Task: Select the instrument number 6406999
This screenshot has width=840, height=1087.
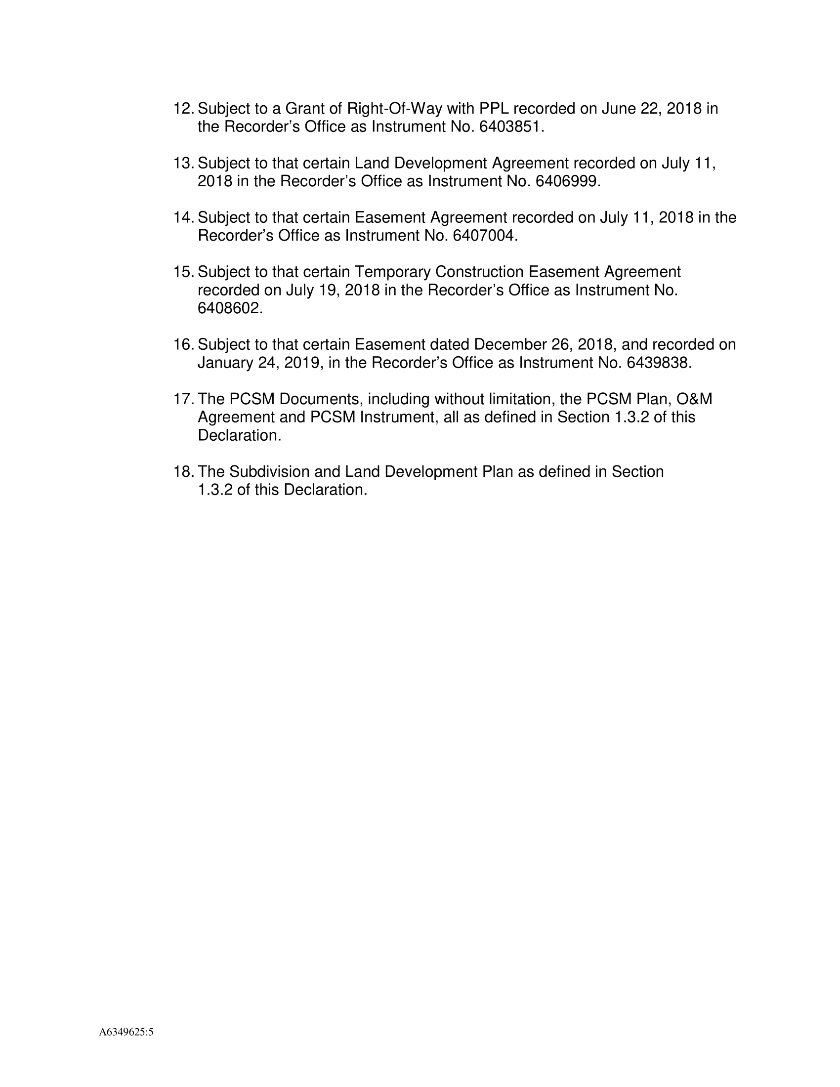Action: [x=565, y=181]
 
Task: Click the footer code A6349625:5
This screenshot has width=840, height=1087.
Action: [x=126, y=1032]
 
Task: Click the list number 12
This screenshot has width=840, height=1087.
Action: [x=183, y=109]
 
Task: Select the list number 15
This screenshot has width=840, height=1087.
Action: [x=183, y=272]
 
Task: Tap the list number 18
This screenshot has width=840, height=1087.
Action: [x=183, y=471]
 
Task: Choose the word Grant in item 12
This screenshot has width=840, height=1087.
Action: [x=303, y=109]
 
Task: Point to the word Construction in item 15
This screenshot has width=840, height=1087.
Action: [x=479, y=272]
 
